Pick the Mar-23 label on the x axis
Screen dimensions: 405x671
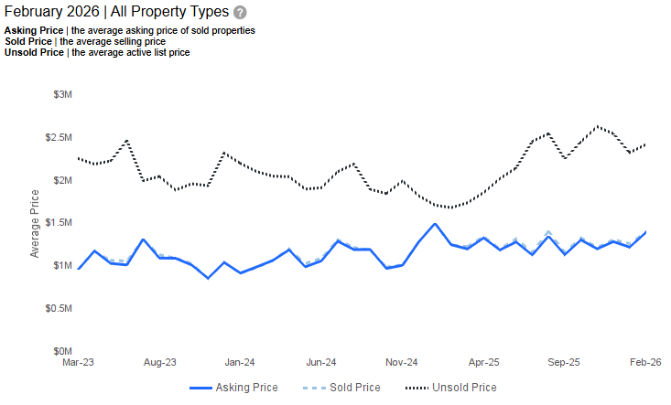pyautogui.click(x=78, y=362)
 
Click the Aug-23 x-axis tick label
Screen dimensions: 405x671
pyautogui.click(x=159, y=362)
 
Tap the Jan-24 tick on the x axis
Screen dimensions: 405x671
pyautogui.click(x=240, y=362)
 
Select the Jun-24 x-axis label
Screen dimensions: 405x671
pyautogui.click(x=321, y=362)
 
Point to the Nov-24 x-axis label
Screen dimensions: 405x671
pyautogui.click(x=402, y=362)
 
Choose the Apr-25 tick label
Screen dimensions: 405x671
pyautogui.click(x=483, y=362)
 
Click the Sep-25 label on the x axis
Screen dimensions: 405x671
pyautogui.click(x=564, y=362)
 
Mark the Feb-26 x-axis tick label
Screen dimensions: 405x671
pyautogui.click(x=645, y=362)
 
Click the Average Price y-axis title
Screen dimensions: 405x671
pyautogui.click(x=35, y=223)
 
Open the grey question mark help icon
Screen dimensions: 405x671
pyautogui.click(x=240, y=13)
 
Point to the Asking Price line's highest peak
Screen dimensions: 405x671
pyautogui.click(x=435, y=224)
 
